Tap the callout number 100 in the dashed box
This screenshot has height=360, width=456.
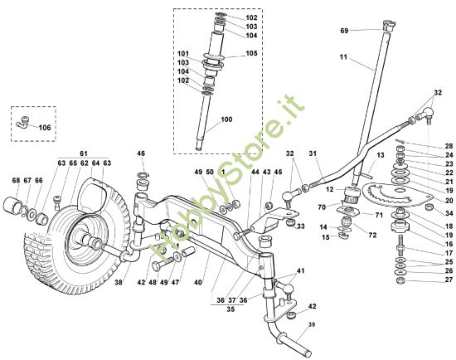click(x=226, y=120)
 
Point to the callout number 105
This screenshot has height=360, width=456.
click(x=251, y=53)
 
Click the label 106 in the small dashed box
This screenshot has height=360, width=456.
click(x=44, y=128)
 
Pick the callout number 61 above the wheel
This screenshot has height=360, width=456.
click(x=83, y=154)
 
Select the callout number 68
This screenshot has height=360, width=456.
click(x=15, y=180)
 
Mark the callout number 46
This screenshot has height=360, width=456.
click(x=141, y=153)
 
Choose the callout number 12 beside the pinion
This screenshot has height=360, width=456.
click(x=330, y=190)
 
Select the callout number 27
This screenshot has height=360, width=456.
click(x=449, y=280)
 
